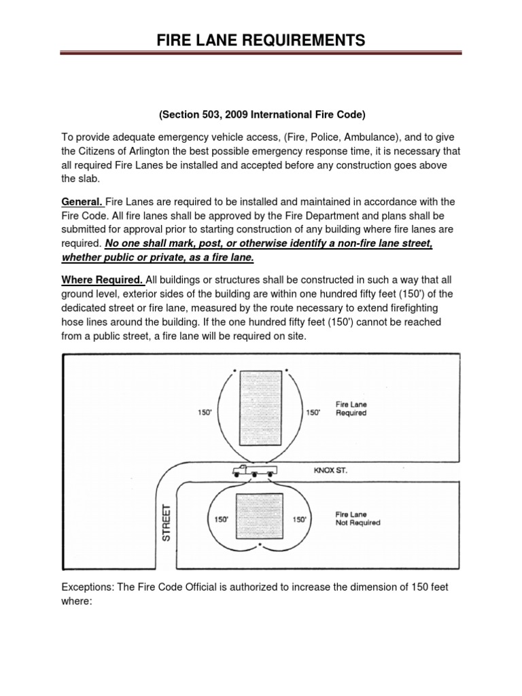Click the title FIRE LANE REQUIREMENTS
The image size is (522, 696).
(260, 40)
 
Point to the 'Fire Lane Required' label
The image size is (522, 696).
(351, 408)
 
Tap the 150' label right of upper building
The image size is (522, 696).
(313, 412)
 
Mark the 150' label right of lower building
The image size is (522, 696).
(300, 519)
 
